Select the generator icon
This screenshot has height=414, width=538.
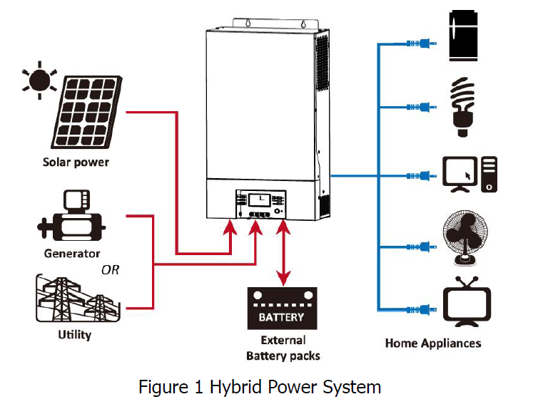click(x=71, y=217)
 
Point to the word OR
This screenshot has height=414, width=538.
click(x=110, y=270)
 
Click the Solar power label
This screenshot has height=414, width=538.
click(x=76, y=162)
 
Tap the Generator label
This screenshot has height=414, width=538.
click(x=72, y=253)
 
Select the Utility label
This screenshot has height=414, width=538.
click(x=74, y=333)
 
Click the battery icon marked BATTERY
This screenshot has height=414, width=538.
click(x=282, y=308)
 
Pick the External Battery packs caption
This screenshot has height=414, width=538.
click(x=283, y=348)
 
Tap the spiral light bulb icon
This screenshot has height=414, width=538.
click(x=465, y=107)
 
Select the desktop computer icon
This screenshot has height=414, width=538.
click(x=468, y=174)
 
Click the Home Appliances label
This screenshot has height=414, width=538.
click(x=433, y=343)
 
